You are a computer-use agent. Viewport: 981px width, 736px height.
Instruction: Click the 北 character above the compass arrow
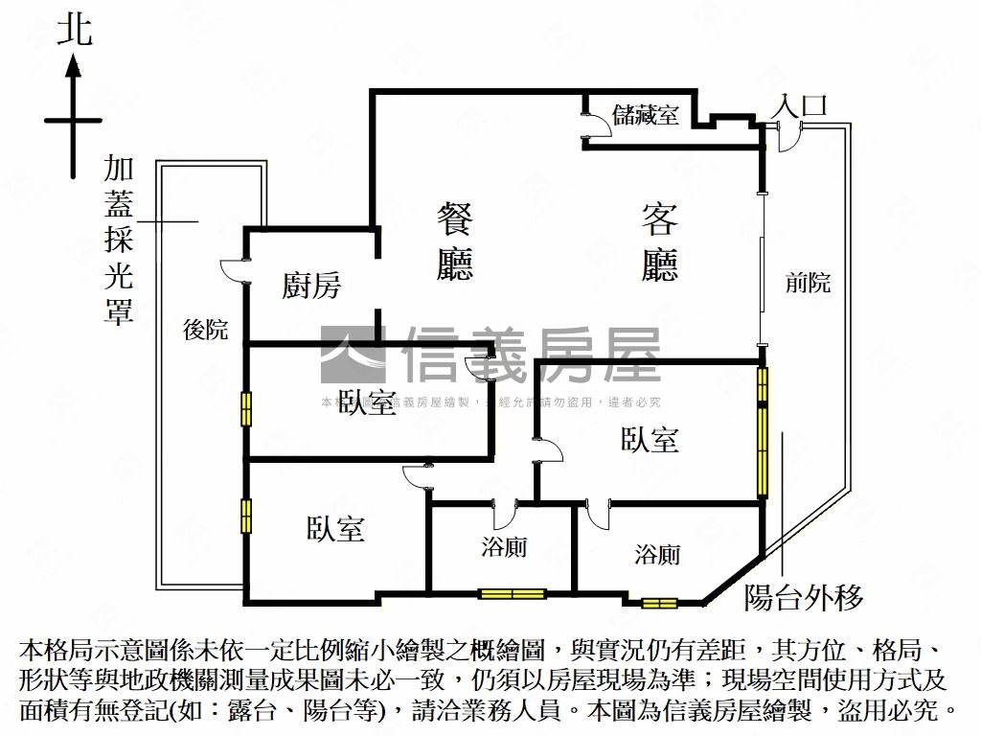point(74,30)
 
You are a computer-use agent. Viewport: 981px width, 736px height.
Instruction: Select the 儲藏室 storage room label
point(646,115)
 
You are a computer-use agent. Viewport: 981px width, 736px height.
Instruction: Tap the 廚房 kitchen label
point(310,286)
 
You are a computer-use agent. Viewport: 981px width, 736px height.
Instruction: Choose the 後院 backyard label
point(206,330)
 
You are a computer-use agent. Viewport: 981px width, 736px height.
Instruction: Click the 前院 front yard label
point(808,283)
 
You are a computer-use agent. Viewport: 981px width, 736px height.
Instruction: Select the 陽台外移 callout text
point(804,597)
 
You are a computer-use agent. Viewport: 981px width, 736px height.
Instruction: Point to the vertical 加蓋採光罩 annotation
point(119,241)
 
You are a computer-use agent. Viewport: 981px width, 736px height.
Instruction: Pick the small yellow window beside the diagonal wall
point(659,603)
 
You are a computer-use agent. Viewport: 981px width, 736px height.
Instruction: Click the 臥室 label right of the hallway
point(650,440)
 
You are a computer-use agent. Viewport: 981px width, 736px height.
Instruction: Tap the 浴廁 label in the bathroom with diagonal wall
point(657,554)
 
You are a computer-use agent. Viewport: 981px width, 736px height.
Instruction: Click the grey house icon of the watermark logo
point(353,356)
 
